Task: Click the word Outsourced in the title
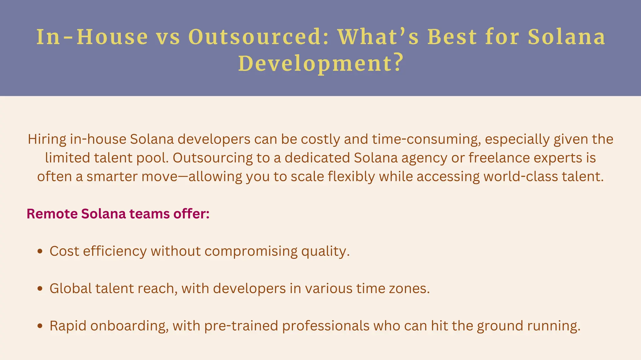259,37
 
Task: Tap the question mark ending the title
397,63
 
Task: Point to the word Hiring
47,139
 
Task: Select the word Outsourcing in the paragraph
213,158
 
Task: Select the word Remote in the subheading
52,214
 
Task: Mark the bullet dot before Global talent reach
40,289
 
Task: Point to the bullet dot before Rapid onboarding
40,326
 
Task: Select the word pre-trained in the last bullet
241,326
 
